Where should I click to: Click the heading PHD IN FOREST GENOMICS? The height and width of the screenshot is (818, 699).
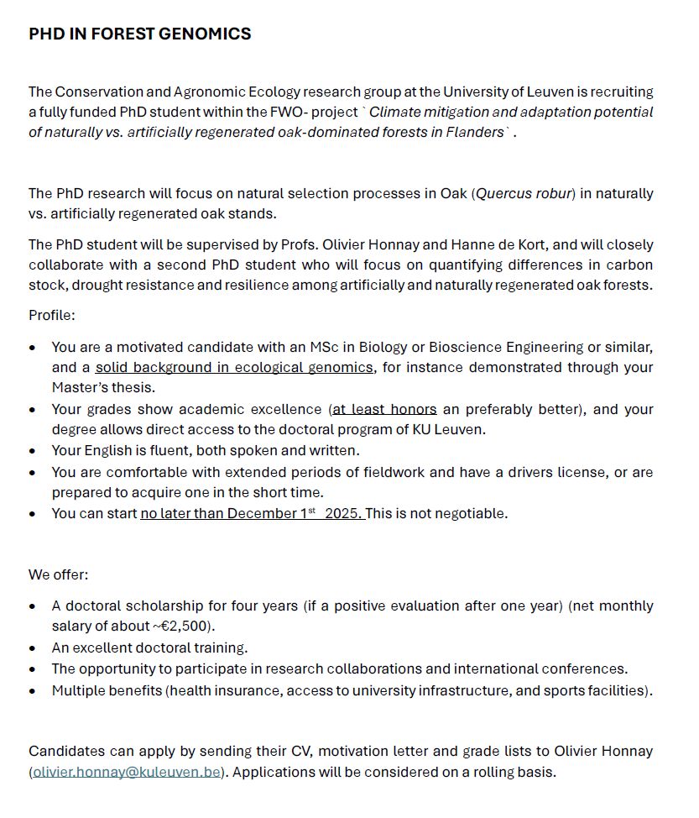pos(139,34)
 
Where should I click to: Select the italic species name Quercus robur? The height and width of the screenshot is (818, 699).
pos(524,194)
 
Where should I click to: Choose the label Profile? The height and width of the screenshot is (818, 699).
pos(52,316)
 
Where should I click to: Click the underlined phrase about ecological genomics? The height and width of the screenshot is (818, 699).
pos(234,368)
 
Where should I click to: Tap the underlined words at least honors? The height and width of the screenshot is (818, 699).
pos(384,410)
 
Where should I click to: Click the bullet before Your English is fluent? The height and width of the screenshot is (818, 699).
pos(33,451)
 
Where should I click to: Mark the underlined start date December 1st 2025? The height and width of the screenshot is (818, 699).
pos(252,514)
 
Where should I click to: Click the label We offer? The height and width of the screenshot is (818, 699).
pos(59,575)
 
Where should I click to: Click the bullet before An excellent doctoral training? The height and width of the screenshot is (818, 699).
pos(33,648)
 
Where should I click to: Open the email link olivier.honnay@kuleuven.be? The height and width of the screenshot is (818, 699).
pos(127,772)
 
